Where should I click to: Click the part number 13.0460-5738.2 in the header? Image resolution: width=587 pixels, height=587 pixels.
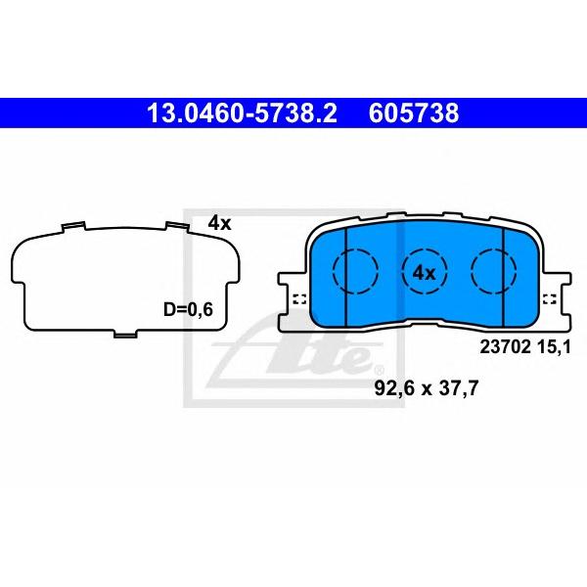tap(242, 113)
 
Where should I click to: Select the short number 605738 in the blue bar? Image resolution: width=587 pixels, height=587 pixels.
tap(414, 113)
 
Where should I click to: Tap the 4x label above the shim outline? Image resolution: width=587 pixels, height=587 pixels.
tap(220, 224)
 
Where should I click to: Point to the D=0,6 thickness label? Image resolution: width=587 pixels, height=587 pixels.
tap(188, 309)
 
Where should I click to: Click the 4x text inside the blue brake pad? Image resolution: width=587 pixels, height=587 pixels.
tap(425, 273)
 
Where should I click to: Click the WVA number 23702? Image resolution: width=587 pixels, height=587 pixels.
tap(506, 347)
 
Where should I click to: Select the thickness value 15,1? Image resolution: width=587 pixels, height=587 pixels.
tap(555, 347)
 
